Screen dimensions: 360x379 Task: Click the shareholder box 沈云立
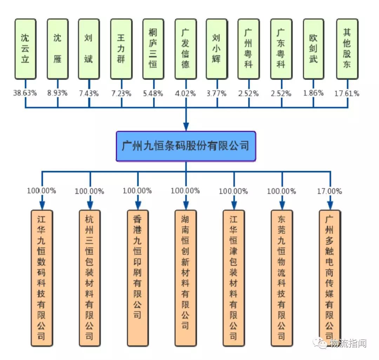tap(25, 49)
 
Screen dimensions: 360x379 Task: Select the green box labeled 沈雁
tap(58, 49)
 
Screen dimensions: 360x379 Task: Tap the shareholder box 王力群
tap(121, 49)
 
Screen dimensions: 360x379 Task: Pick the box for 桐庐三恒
tap(153, 49)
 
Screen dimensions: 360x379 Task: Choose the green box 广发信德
tap(185, 49)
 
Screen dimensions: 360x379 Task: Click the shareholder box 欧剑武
tap(313, 49)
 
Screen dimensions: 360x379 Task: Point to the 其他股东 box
tap(347, 49)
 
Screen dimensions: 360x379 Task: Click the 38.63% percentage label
tap(25, 93)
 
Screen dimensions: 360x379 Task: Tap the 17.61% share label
tap(347, 93)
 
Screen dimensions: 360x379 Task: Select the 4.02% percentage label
tap(186, 93)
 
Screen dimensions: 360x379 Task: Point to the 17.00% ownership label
tap(329, 191)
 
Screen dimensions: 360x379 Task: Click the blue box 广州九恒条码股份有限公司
tap(186, 146)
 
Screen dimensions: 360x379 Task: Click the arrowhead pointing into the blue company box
tap(186, 127)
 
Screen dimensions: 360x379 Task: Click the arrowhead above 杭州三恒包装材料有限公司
tap(89, 205)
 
